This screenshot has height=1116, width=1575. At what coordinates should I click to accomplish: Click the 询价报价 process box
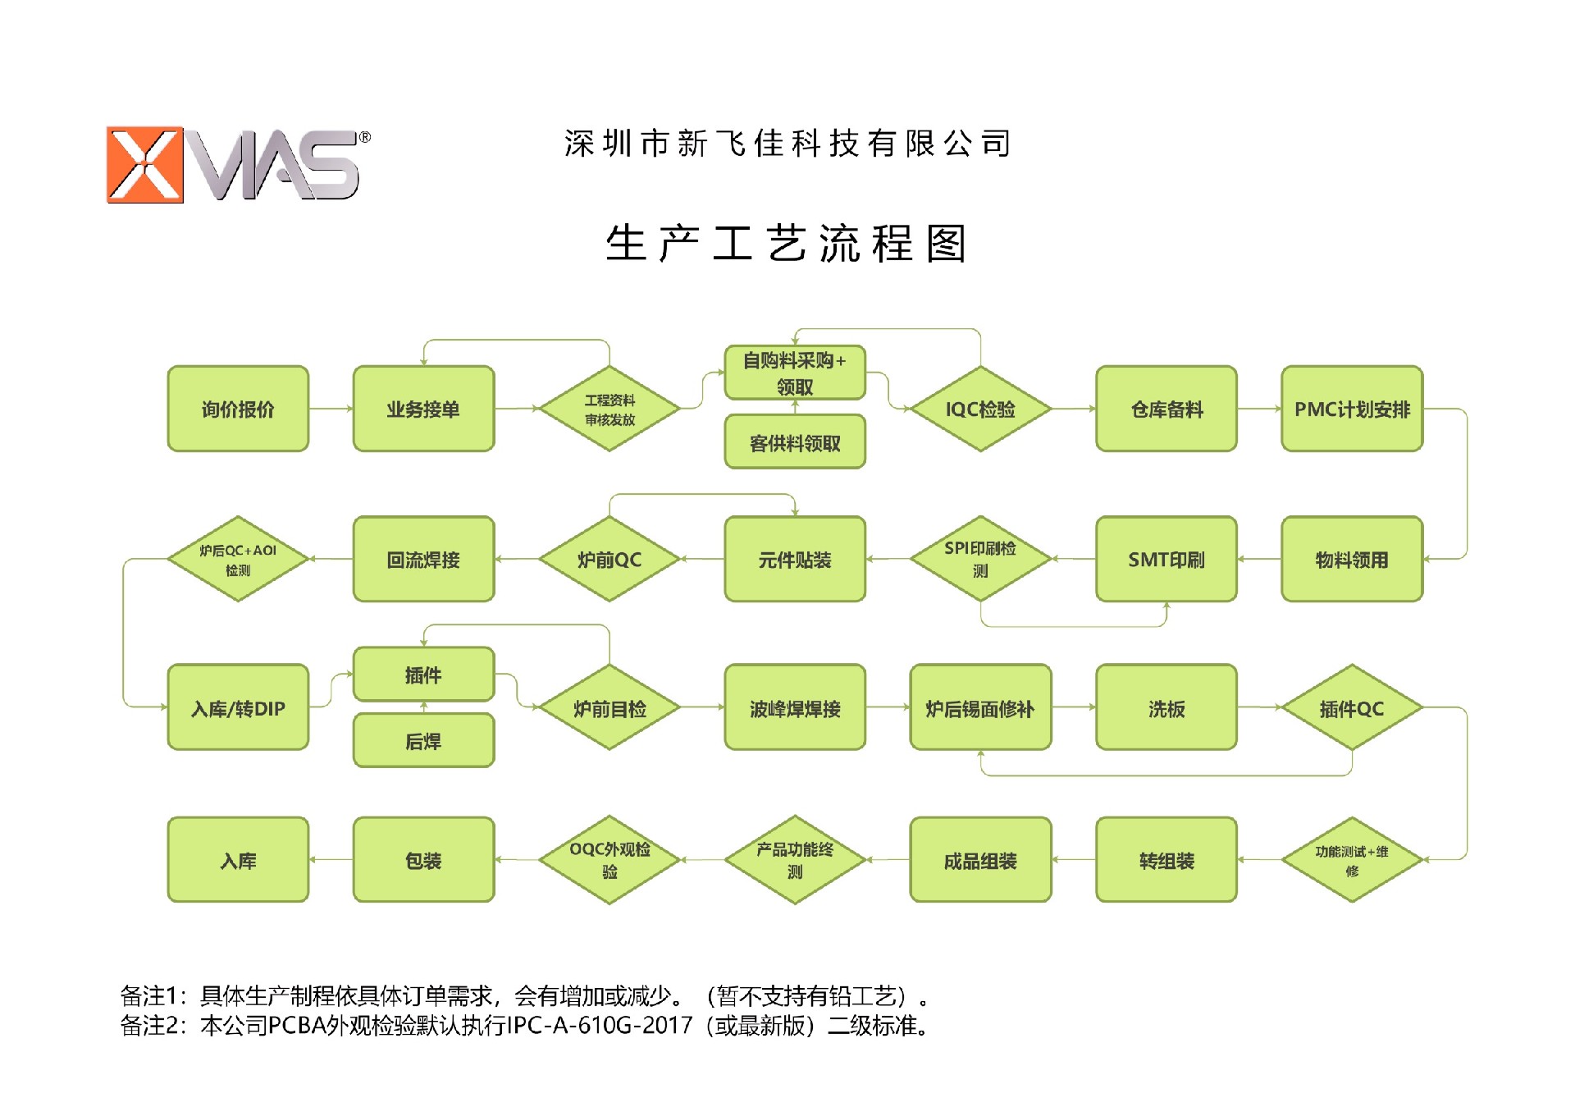click(238, 409)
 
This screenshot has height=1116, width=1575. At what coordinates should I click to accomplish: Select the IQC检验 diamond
click(980, 409)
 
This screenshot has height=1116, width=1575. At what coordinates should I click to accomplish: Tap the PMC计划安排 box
click(1352, 409)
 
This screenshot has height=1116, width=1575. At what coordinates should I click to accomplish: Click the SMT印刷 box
click(1166, 559)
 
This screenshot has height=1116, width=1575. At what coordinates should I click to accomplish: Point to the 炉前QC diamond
click(609, 559)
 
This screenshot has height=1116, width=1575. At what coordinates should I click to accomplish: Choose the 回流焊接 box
click(423, 559)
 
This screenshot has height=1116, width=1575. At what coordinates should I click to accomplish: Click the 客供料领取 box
click(795, 443)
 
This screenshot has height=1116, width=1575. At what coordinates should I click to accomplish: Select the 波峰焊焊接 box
click(795, 707)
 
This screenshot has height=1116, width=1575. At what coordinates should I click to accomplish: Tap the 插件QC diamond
click(1351, 707)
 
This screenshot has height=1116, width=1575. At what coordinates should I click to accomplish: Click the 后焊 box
click(423, 740)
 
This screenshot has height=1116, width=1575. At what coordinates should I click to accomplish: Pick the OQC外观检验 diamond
click(609, 859)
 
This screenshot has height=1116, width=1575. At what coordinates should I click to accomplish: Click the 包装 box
click(423, 859)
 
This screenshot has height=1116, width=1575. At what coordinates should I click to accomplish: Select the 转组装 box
click(1166, 859)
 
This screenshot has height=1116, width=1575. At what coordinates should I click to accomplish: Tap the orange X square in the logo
click(145, 164)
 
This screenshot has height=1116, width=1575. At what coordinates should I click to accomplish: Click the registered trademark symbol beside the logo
click(365, 138)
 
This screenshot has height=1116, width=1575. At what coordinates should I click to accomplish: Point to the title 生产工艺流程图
click(787, 244)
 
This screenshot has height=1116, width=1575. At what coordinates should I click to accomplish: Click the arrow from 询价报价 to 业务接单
click(331, 409)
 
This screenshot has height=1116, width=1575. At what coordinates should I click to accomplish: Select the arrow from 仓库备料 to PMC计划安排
click(1259, 409)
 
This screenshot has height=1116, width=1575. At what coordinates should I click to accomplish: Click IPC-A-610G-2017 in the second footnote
click(600, 1026)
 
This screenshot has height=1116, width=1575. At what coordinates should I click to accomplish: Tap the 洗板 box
click(1166, 707)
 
